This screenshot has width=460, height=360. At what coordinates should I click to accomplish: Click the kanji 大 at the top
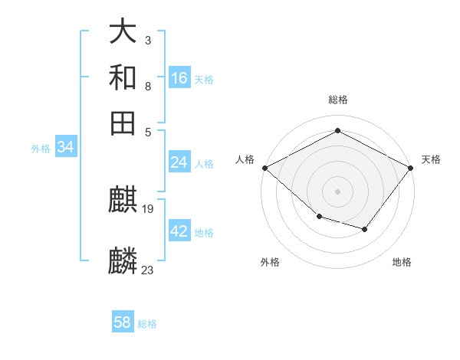click(123, 33)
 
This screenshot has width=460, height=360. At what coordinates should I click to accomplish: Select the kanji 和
click(123, 78)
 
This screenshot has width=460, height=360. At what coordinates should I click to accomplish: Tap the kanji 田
click(123, 123)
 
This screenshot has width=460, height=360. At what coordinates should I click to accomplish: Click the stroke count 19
click(149, 208)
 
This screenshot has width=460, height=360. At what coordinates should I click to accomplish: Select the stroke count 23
click(148, 270)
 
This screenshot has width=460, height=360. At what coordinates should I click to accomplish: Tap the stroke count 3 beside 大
click(147, 39)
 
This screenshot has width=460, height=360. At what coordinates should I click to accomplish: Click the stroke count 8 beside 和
click(147, 86)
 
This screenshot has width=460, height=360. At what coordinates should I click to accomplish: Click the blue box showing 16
click(179, 77)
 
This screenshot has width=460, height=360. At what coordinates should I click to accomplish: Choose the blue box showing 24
click(179, 162)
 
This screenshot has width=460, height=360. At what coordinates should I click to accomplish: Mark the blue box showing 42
click(179, 231)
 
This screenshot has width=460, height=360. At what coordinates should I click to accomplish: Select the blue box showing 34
click(65, 147)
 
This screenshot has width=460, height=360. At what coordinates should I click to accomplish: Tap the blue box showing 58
click(123, 322)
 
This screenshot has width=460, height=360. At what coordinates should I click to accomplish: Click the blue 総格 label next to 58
click(147, 324)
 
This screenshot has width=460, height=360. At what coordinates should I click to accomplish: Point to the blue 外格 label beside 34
click(41, 149)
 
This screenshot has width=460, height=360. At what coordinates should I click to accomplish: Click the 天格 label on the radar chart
click(431, 159)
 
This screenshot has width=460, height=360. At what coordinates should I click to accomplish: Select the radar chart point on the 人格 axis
click(264, 168)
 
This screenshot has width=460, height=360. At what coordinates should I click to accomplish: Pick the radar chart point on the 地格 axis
click(365, 229)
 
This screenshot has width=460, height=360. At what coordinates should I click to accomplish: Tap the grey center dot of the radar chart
click(337, 191)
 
